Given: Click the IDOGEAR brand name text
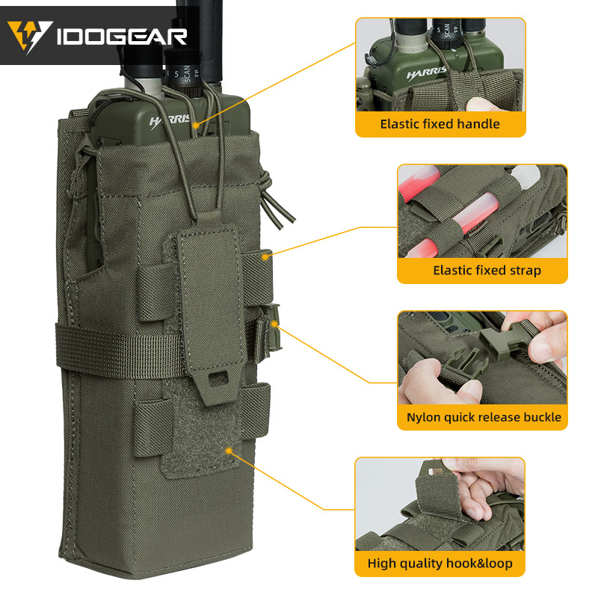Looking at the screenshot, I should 123,35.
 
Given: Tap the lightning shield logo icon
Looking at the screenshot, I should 30,35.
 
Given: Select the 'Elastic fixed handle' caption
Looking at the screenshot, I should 440,123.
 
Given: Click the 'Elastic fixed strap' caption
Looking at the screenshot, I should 487,270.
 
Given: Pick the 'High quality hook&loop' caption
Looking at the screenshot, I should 440,563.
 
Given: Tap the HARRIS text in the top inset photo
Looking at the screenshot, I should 427,75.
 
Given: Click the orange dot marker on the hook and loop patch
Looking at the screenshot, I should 229,451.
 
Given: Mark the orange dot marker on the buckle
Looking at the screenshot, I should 276,324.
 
